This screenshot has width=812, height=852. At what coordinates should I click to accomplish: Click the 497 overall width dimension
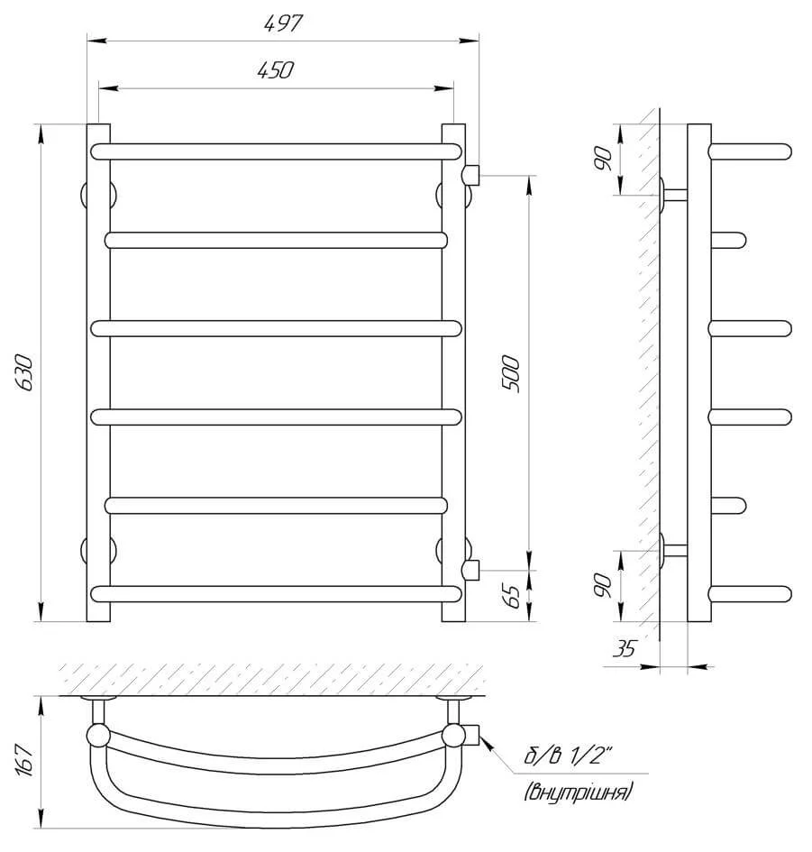283,24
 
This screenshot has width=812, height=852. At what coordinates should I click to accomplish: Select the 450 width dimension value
276,70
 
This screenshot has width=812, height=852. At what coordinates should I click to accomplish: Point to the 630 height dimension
24,372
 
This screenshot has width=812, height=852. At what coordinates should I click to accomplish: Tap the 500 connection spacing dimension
511,373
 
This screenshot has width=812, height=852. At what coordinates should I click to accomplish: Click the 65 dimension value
511,597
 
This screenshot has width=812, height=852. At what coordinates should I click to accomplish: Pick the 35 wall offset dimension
624,648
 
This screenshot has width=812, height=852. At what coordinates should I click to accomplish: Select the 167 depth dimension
25,761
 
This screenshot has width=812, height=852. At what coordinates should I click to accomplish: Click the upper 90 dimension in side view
602,159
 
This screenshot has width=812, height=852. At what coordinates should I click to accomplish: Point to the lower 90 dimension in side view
602,585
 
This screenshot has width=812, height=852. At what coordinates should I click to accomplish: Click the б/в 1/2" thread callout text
568,756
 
